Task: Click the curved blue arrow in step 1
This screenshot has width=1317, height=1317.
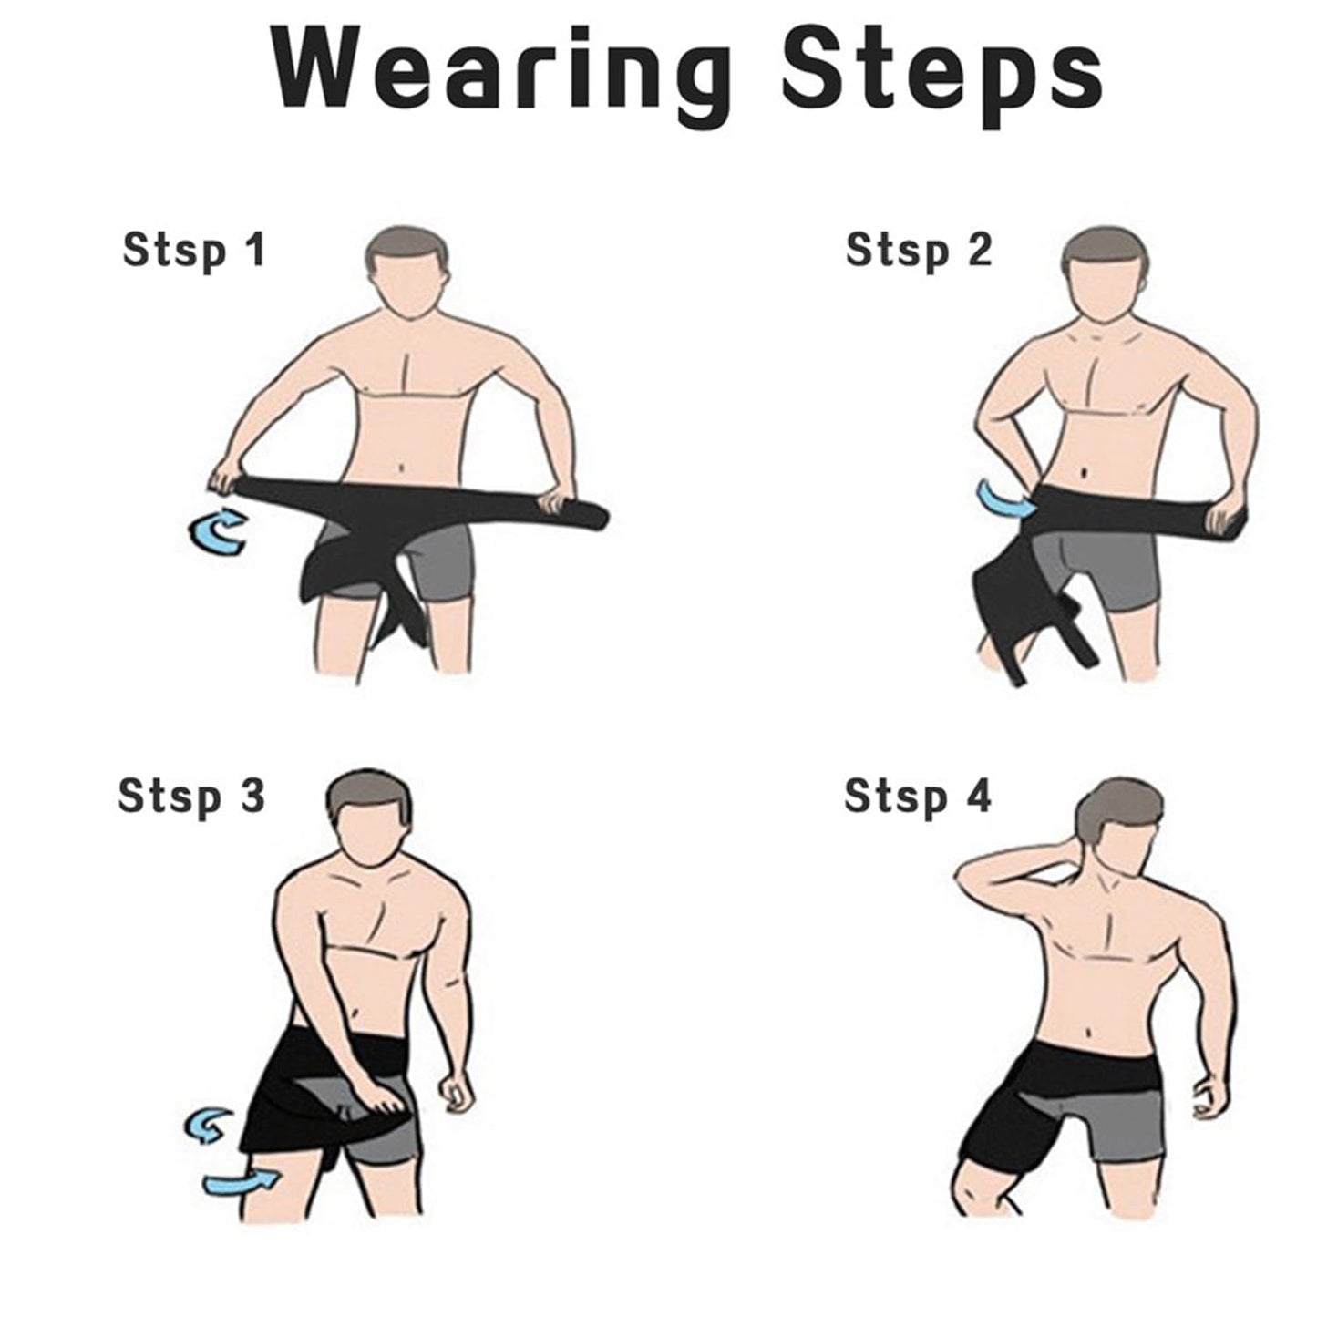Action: [216, 532]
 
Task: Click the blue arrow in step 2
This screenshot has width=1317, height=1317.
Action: [1003, 498]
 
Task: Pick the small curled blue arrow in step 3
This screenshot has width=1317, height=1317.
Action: [207, 1127]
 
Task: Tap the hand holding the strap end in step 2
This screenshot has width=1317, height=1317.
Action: [1220, 521]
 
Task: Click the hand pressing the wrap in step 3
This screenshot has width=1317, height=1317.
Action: [383, 1098]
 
